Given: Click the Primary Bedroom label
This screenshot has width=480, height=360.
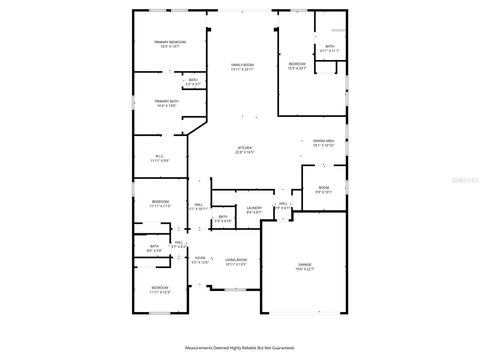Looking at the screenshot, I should click(170, 41).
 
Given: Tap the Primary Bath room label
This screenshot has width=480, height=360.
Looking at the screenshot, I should click(166, 101).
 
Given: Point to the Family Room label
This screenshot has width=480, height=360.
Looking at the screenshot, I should click(242, 65).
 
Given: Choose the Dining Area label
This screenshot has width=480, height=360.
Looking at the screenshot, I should click(322, 141).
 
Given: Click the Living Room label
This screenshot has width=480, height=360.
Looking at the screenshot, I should click(236, 258).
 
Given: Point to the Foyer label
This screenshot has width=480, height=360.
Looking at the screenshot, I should click(200, 258).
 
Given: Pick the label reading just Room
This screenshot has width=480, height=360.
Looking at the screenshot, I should click(323, 187).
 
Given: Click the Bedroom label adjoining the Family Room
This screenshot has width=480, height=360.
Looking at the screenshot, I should click(297, 63).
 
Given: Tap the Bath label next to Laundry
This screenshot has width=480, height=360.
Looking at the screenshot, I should click(222, 216).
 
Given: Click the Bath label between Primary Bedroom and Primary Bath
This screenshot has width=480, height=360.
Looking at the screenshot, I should click(193, 80).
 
